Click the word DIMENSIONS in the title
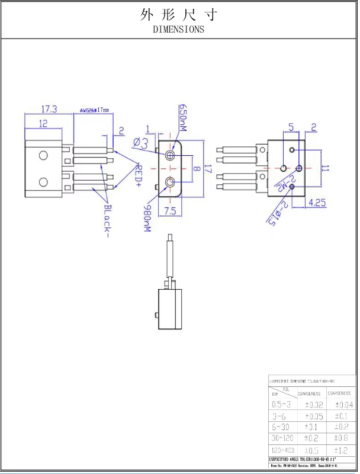click(178, 28)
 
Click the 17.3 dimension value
click(49, 110)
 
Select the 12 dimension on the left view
click(43, 123)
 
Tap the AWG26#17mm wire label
click(95, 110)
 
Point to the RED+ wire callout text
click(138, 175)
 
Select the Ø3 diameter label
click(141, 143)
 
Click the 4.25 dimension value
click(317, 203)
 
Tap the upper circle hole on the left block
click(43, 156)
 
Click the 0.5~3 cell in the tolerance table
click(281, 404)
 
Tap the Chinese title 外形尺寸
click(179, 15)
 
